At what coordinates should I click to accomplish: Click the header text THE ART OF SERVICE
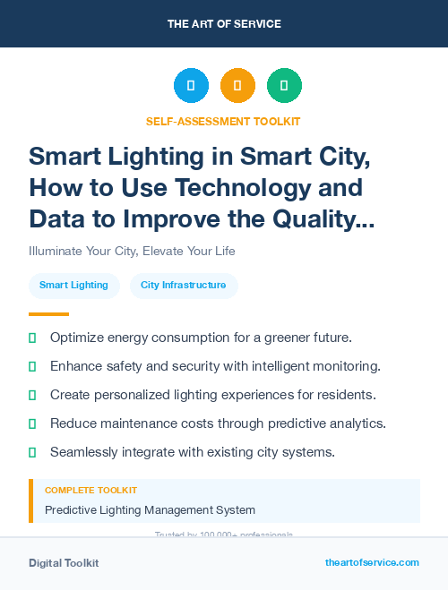224,23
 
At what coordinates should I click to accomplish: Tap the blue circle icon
191,86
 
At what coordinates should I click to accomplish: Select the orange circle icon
237,86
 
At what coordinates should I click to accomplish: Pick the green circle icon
284,86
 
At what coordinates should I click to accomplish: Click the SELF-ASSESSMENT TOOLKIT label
224,121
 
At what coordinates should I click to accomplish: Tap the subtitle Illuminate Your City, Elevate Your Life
132,251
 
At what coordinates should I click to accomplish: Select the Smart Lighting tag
73,285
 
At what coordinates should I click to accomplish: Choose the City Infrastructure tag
184,285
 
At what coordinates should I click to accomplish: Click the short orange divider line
48,313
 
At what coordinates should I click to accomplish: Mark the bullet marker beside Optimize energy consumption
32,338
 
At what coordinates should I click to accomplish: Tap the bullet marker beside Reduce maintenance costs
32,423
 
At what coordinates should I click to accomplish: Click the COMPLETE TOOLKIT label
90,491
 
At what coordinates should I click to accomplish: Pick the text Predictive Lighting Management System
150,509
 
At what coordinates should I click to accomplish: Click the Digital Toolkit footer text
64,562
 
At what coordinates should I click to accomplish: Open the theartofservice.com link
372,562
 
